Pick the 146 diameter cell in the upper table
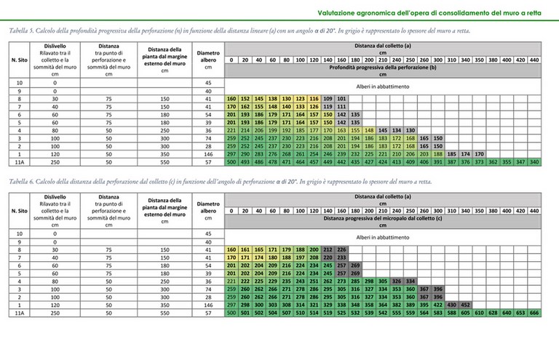point(208,154)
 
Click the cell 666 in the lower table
point(534,313)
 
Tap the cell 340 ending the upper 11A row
point(534,162)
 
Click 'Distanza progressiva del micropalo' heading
point(381,217)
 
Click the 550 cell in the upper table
point(164,162)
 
